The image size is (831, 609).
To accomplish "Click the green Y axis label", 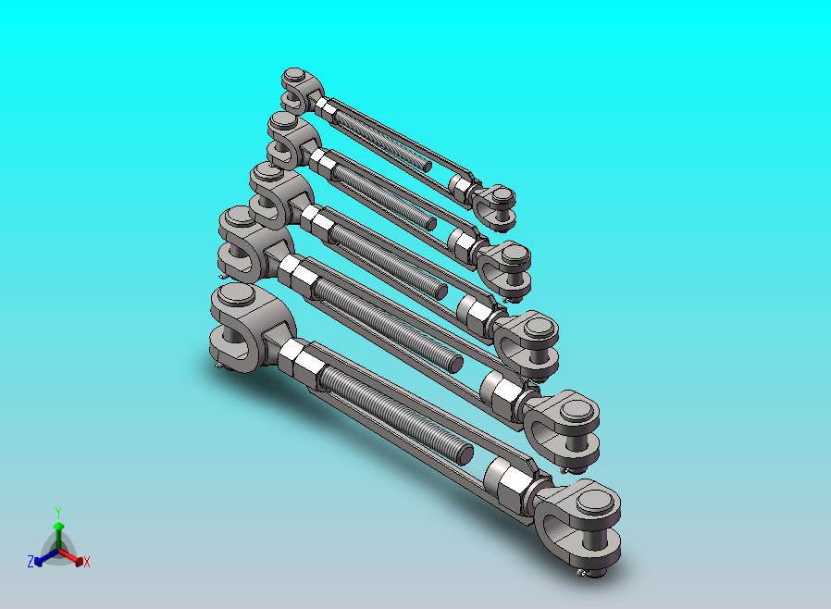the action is click(58, 513).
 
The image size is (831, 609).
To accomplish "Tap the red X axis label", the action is click(87, 563).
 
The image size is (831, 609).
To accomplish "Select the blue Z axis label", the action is click(31, 561).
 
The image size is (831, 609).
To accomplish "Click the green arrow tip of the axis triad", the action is click(58, 526).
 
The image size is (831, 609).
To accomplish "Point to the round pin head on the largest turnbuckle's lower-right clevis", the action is click(598, 502).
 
